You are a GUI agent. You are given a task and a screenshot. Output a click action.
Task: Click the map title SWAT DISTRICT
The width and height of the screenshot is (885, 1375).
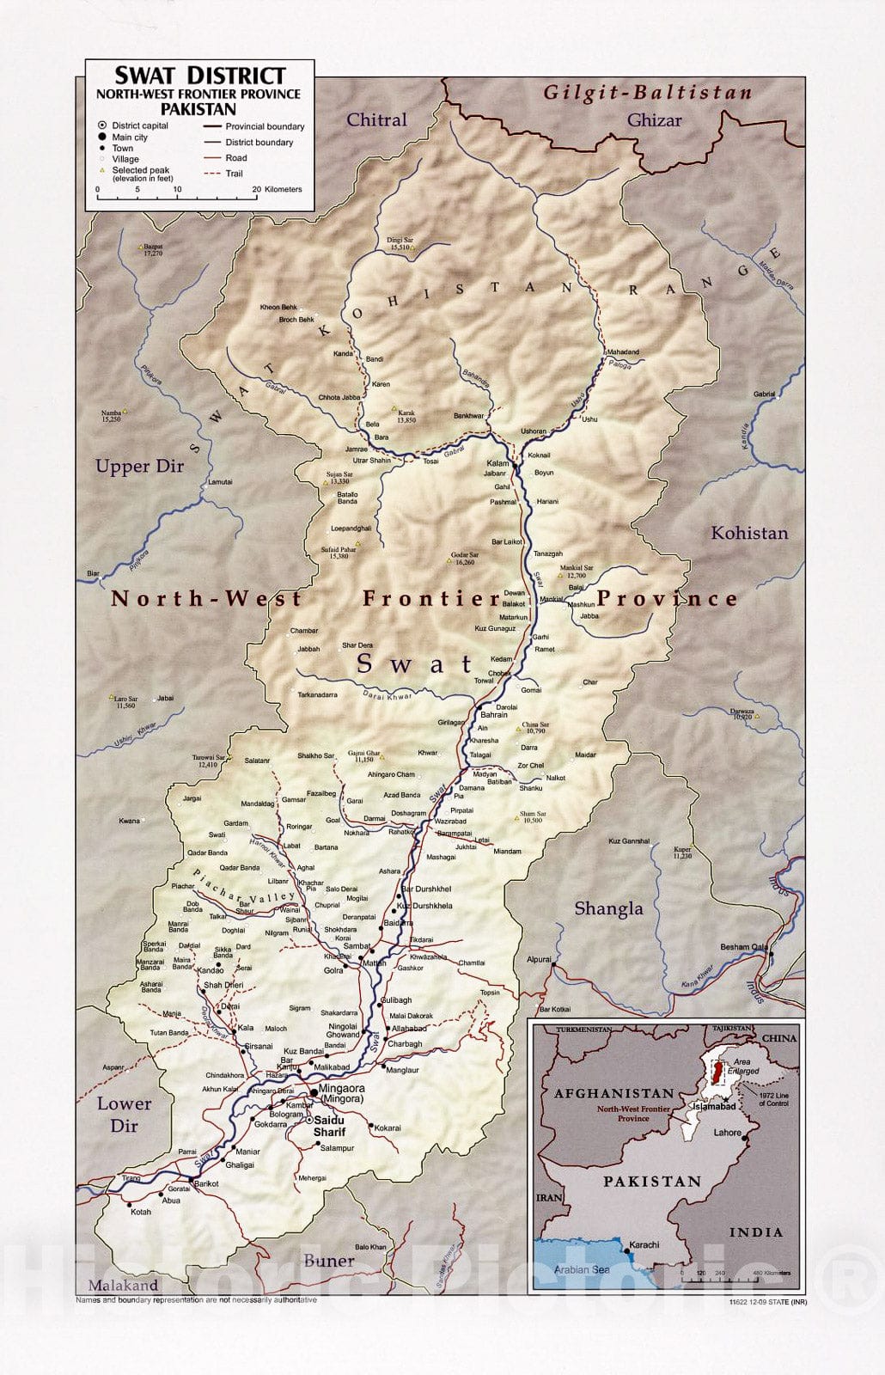199,75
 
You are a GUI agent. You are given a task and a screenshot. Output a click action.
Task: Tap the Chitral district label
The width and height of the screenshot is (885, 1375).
376,119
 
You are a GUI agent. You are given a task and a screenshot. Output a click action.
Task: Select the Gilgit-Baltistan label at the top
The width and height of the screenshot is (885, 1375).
647,92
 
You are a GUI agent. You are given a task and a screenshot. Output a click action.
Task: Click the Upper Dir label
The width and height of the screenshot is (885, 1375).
139,467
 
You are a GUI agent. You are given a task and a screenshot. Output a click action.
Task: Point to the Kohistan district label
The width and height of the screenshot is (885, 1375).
748,533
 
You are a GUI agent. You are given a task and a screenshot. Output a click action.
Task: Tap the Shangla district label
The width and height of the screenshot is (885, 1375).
607,908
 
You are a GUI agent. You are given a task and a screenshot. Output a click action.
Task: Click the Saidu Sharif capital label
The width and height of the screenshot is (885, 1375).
329,1126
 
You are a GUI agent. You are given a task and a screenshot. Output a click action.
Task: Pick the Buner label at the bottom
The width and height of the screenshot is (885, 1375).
328,1261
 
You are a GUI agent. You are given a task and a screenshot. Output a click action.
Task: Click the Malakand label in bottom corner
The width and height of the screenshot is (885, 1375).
122,1286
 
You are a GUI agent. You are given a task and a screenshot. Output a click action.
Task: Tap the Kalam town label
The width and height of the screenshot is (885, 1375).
497,463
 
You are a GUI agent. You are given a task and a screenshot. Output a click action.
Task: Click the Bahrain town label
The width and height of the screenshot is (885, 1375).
493,715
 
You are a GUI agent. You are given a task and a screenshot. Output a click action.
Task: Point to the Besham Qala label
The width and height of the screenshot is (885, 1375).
743,947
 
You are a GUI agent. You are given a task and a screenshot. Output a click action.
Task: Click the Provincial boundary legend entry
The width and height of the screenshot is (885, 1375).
264,126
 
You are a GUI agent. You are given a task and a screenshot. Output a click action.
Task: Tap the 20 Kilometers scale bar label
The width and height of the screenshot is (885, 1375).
277,189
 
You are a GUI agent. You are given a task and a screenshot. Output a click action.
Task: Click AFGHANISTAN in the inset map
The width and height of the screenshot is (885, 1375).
613,1093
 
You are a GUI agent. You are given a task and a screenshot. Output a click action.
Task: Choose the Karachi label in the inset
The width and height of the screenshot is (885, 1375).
644,1244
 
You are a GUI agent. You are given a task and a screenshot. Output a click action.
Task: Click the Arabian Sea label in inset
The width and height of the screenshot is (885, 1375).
581,1269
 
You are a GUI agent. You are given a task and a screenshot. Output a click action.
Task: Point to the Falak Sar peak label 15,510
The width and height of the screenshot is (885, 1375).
400,244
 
